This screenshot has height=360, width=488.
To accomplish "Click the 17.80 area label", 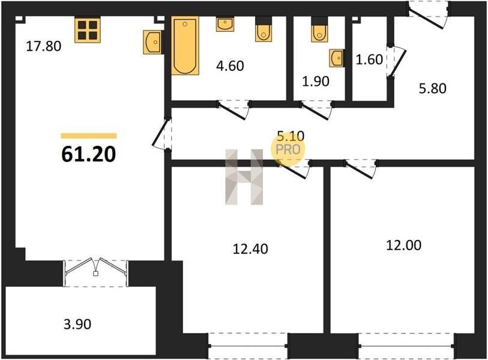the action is point(44,46).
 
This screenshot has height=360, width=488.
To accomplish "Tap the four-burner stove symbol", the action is point(88,30).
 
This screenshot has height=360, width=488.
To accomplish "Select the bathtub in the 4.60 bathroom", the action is point(185,46).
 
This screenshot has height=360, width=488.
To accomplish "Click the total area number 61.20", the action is point(89,154).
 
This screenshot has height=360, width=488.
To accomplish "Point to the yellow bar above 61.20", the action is point(89,136).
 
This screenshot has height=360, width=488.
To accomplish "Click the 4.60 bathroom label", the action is point(230,66).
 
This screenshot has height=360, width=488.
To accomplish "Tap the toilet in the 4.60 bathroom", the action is point(264,29).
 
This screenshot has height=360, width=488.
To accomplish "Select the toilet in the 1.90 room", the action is point(319,29).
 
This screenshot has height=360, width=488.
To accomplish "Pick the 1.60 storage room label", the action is point(369,59).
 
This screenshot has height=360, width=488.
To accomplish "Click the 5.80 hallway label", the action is point(433,88).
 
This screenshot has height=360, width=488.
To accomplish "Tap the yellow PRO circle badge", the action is point(288,149).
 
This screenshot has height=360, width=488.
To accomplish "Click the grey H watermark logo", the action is point(244,177).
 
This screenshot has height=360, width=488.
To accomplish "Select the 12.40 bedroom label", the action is point(250,249).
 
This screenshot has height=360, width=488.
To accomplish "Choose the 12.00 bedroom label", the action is point(403,245).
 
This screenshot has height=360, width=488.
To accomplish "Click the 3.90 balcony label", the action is point(77,324).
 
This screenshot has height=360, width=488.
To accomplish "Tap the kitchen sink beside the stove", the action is point(153,42).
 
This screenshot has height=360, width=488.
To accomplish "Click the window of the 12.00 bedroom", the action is point(406,346).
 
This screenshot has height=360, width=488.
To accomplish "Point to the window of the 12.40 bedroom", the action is point(248,346).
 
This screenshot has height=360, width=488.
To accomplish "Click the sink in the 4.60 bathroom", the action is point(225,24).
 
